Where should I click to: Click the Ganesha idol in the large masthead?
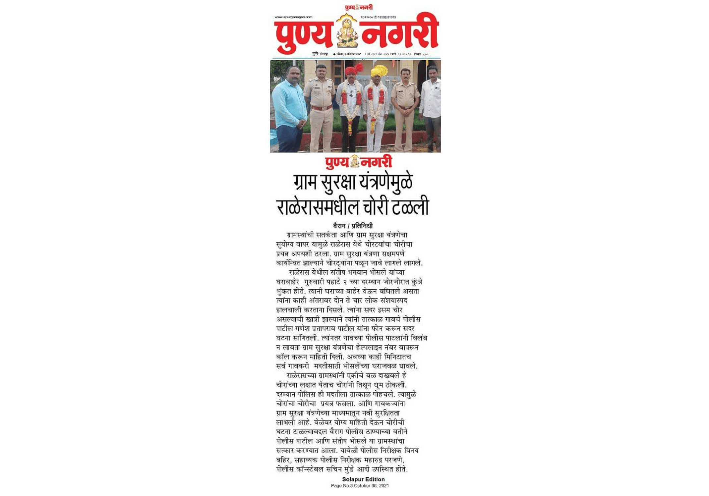click(347, 32)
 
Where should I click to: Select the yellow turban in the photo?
click(379, 71)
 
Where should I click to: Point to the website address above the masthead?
click(293, 17)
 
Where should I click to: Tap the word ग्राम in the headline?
click(305, 182)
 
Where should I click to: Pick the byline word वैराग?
click(339, 226)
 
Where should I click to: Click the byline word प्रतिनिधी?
click(362, 226)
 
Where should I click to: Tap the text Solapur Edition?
click(363, 479)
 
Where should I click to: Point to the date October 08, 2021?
click(371, 486)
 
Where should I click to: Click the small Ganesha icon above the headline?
click(355, 162)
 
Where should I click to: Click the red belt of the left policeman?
click(321, 108)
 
